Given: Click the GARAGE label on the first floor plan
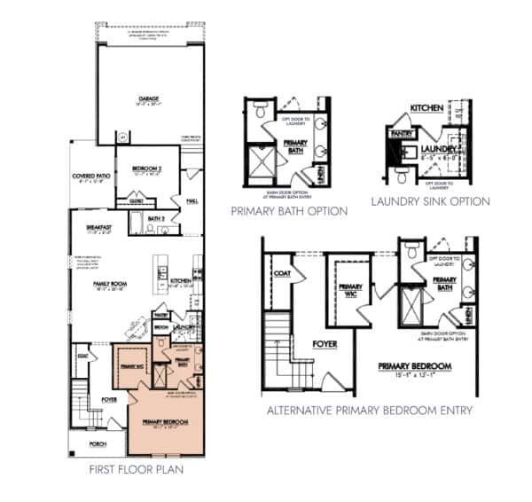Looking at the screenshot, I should coord(141,99).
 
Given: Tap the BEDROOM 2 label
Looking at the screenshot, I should coord(145,168).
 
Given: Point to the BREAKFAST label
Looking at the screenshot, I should coord(99,227).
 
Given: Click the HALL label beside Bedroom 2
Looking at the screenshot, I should coord(191,200).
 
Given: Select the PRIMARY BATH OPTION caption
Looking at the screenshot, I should coord(288,211).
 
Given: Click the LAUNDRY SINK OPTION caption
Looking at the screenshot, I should coord(431,201).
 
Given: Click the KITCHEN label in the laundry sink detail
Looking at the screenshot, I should coord(426,107).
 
